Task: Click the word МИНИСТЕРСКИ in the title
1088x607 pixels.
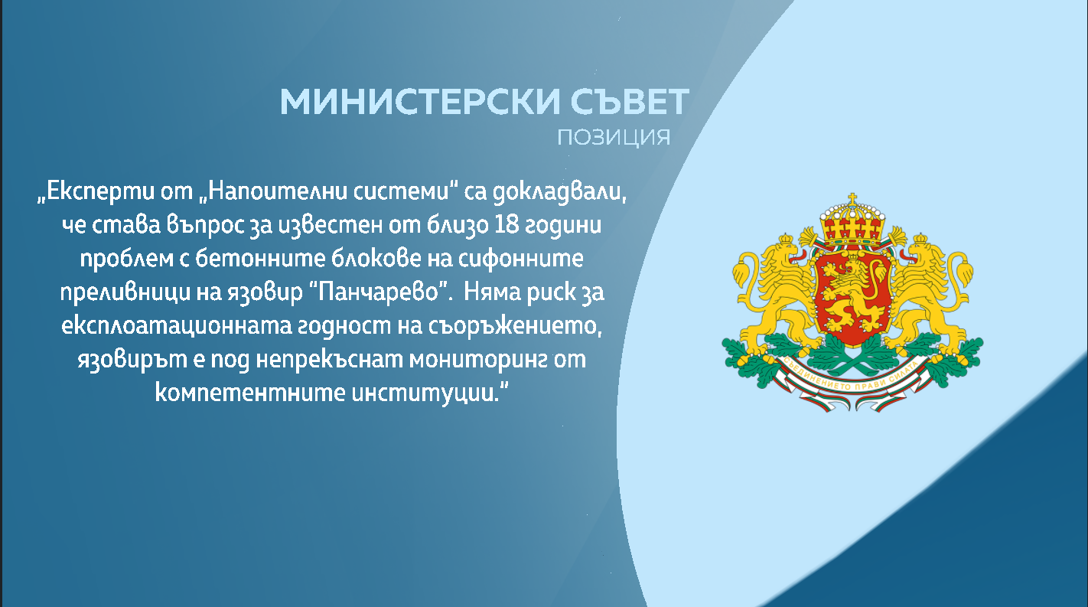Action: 419,102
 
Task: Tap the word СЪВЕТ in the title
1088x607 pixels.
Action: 630,102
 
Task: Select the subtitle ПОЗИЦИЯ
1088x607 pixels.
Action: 614,138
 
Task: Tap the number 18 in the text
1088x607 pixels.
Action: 507,224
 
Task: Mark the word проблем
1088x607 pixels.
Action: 126,259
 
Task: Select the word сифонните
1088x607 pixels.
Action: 521,258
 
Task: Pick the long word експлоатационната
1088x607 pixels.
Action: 176,326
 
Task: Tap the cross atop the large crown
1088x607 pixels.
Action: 852,199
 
